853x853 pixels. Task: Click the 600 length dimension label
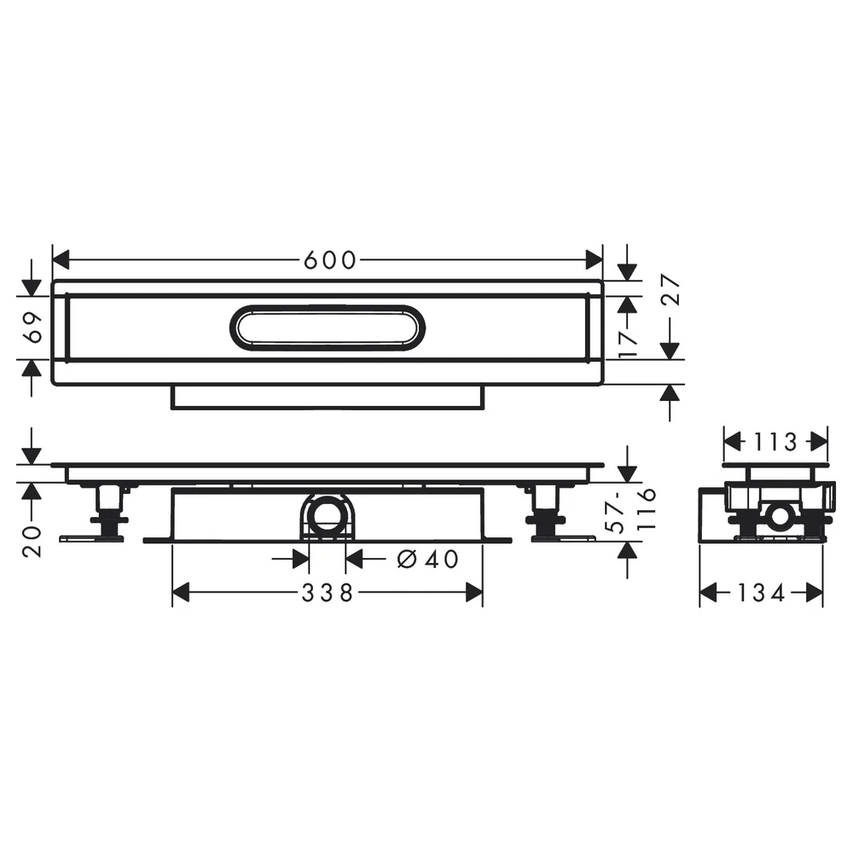pyautogui.click(x=329, y=260)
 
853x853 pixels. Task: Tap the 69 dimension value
pyautogui.click(x=34, y=328)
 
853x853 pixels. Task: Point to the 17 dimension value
pyautogui.click(x=629, y=343)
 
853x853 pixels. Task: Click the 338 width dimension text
pyautogui.click(x=328, y=593)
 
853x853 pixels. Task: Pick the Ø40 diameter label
pyautogui.click(x=427, y=559)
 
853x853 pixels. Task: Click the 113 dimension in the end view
pyautogui.click(x=775, y=442)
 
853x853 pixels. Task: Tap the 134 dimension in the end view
pyautogui.click(x=761, y=593)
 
